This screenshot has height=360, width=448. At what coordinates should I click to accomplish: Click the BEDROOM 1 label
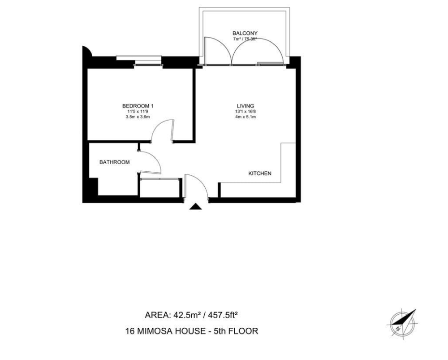(138, 106)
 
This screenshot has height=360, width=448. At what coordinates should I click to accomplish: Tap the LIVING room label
(246, 106)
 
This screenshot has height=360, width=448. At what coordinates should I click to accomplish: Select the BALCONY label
(245, 33)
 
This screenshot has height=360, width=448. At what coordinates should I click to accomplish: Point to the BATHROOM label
(115, 162)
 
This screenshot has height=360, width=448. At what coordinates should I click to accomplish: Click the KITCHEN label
(260, 173)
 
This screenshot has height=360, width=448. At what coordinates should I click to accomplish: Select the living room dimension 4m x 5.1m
(246, 117)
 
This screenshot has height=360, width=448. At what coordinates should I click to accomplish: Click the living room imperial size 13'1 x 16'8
(246, 112)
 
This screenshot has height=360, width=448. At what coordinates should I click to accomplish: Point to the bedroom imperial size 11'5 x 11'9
(138, 112)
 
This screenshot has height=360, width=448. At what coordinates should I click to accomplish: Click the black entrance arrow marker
(196, 206)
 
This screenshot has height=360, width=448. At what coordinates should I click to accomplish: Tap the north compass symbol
(403, 324)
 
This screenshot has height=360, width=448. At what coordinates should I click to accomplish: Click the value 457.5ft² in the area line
(223, 315)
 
